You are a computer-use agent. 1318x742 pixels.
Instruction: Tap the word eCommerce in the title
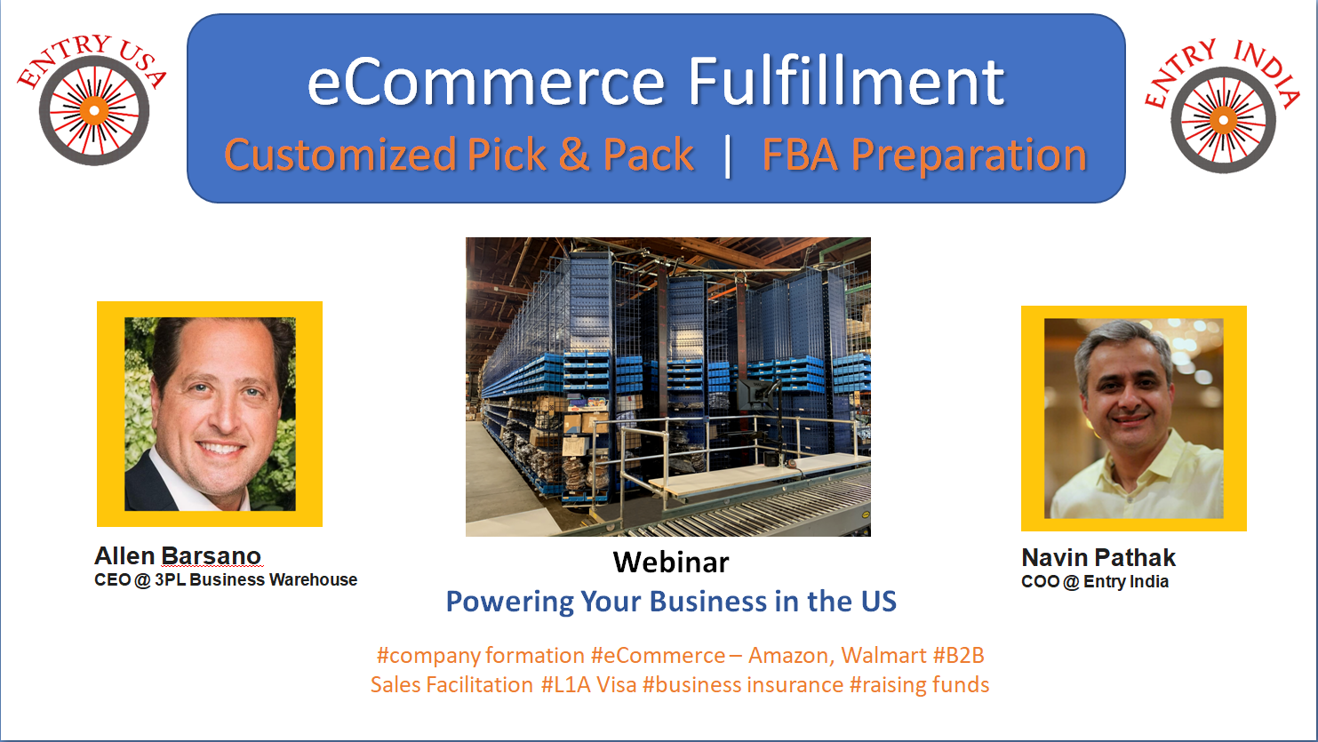(486, 83)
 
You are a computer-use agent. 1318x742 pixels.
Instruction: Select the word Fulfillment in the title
(846, 81)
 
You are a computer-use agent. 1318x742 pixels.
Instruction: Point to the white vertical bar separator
(728, 156)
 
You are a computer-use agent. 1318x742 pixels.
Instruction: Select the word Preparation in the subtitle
(969, 156)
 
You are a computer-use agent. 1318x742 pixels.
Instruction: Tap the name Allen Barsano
(178, 556)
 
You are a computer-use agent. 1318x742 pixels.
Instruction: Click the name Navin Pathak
(1098, 557)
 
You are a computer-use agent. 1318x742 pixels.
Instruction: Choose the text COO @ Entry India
(1095, 582)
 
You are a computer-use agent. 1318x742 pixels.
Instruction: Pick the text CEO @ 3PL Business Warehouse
(226, 580)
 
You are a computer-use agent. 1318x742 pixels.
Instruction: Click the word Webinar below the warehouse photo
(671, 562)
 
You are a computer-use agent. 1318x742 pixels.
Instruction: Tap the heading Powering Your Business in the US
(671, 602)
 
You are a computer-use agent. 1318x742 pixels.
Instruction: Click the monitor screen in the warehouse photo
(754, 395)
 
